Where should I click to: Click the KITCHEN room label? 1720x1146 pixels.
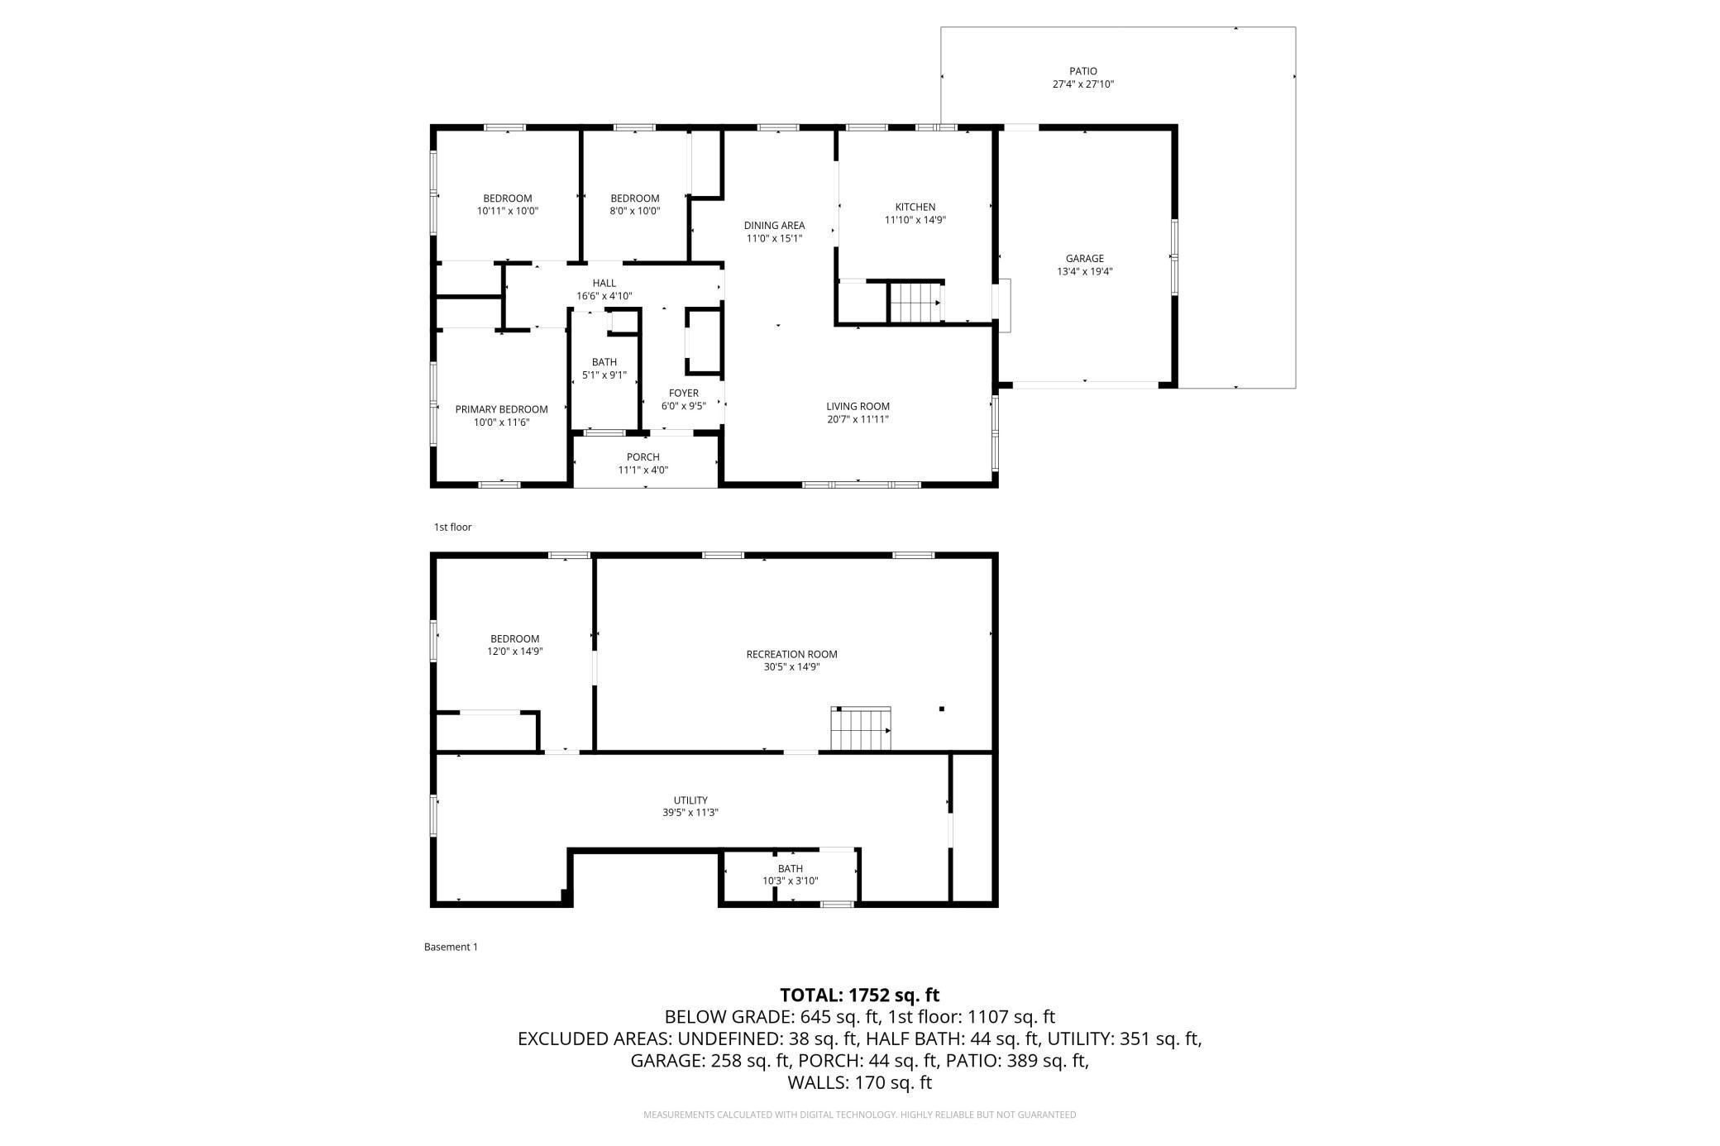[915, 208]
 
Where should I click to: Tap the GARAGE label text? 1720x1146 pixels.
[1084, 259]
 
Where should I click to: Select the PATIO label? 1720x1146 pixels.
[1082, 71]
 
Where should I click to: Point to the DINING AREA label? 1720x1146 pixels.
[774, 226]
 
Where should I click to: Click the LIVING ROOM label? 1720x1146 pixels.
[858, 407]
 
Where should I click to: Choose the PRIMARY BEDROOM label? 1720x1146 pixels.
[501, 409]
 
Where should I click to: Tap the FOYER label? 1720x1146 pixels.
[683, 393]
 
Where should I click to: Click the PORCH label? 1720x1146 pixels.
[643, 457]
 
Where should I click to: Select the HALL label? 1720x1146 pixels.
[604, 283]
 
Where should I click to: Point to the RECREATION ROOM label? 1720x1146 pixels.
[791, 654]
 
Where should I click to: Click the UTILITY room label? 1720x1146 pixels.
[690, 800]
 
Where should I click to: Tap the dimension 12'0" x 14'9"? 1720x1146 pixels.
[514, 651]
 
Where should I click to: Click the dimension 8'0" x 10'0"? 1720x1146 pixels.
[634, 211]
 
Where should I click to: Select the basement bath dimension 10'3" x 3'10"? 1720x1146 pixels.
[790, 881]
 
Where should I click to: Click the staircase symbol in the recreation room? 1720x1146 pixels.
[861, 728]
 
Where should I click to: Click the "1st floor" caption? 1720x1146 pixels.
[452, 527]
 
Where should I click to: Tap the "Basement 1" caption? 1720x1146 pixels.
[451, 947]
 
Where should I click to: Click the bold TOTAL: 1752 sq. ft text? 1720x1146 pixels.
[860, 995]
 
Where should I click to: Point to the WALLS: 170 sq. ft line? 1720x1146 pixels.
[860, 1082]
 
